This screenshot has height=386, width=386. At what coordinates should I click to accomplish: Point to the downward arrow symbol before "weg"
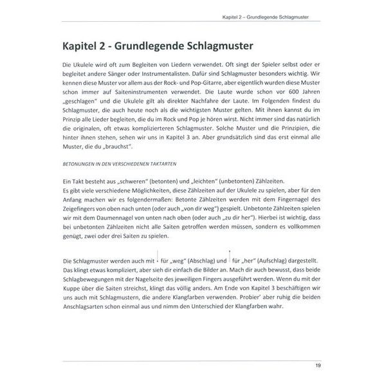tap(158, 259)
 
